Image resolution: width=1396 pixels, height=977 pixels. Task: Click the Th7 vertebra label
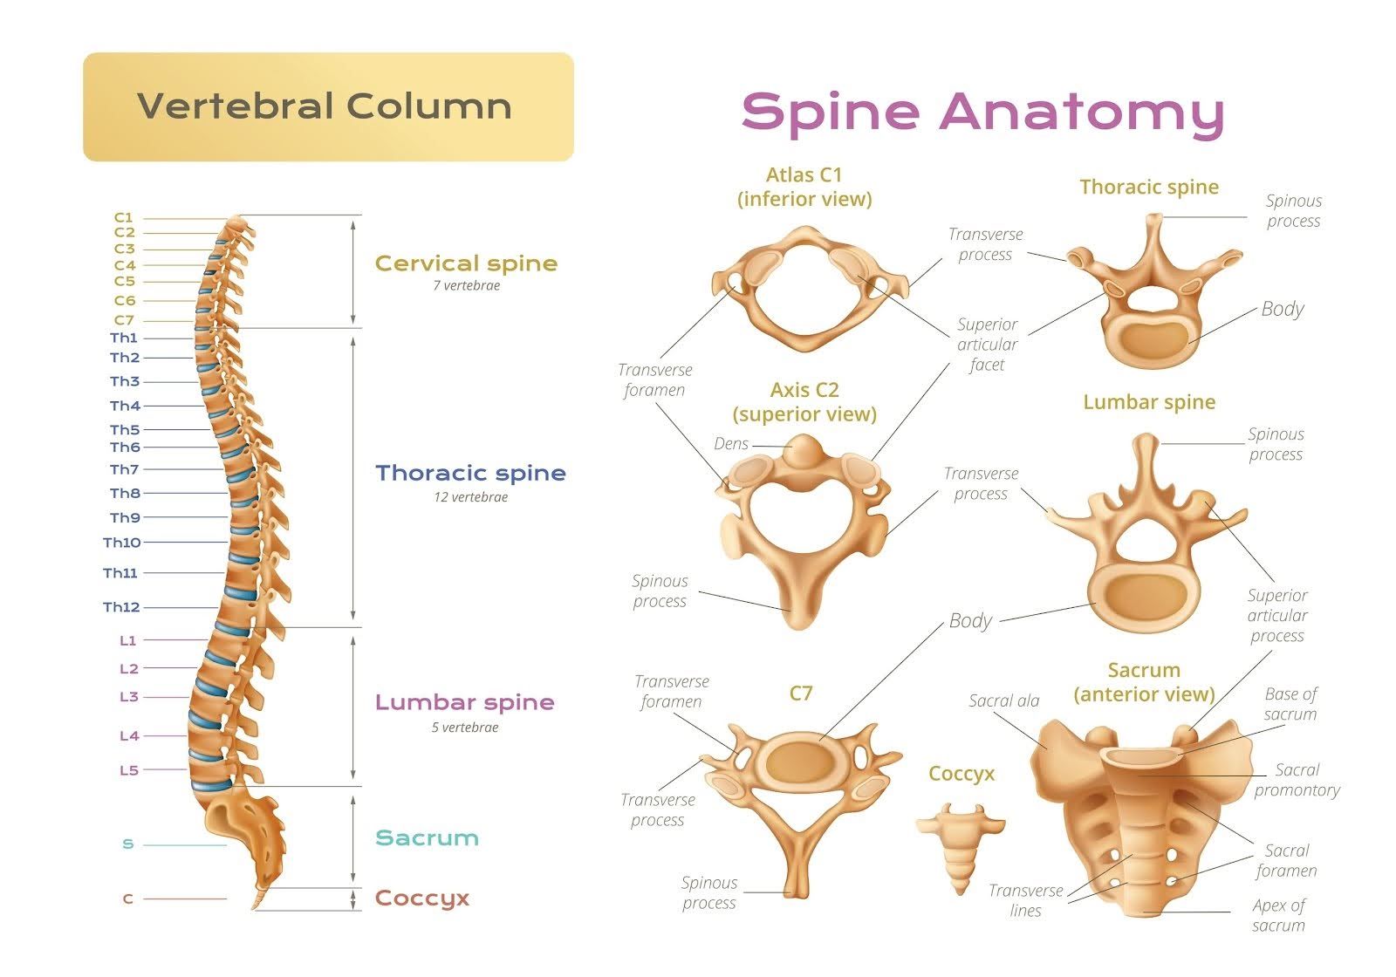point(124,469)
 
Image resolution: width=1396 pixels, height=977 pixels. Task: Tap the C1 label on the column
point(123,217)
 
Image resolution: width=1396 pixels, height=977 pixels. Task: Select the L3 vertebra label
point(128,697)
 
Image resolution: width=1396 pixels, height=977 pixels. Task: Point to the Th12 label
point(121,607)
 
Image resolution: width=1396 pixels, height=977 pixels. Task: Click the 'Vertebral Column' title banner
point(328,106)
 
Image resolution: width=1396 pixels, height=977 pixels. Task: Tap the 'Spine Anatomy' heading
point(982,112)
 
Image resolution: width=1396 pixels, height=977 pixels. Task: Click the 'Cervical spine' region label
point(466,263)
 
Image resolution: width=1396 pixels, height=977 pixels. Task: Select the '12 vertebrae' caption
point(470,497)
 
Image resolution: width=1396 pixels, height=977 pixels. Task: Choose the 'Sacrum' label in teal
point(427,838)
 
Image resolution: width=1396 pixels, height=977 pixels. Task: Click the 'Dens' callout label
point(731,444)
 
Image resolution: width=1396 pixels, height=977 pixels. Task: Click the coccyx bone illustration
point(960,846)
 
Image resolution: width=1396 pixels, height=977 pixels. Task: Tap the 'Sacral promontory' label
point(1297,780)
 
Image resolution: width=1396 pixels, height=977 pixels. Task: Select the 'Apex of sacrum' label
point(1278,915)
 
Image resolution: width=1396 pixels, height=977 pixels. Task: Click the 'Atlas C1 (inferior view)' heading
point(804,187)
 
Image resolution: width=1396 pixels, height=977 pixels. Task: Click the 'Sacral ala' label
point(1003,700)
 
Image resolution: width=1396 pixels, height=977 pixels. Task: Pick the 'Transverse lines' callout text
point(1025,900)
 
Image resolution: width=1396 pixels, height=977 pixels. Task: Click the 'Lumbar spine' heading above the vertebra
point(1149,402)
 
